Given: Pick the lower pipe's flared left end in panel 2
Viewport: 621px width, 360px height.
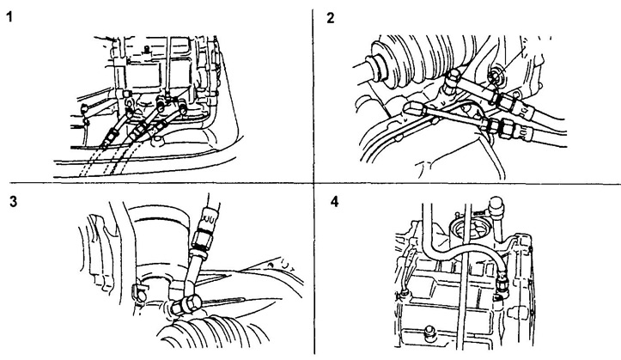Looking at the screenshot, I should tap(416, 109).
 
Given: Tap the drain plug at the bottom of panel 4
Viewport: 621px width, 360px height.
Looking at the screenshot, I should tap(428, 330).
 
